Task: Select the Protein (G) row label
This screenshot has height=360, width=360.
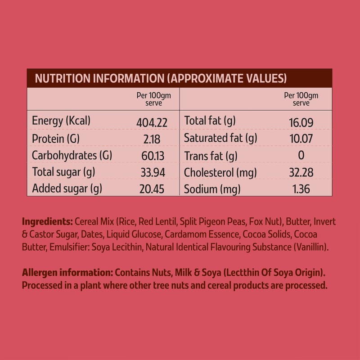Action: click(x=56, y=139)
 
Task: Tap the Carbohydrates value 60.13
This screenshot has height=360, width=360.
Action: click(x=150, y=156)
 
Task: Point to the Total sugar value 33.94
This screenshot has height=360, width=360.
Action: click(x=150, y=172)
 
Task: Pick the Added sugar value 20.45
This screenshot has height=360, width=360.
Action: click(x=150, y=189)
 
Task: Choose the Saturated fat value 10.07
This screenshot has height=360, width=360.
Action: click(x=301, y=139)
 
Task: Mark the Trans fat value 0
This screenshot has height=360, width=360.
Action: click(x=301, y=156)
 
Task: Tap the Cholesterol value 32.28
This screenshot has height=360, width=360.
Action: click(x=301, y=172)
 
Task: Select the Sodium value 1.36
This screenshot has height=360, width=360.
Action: click(x=301, y=189)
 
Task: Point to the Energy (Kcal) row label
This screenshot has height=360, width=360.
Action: click(x=62, y=121)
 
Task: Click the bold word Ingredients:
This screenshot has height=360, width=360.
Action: click(x=47, y=222)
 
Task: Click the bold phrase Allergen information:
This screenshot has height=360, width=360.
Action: click(x=67, y=273)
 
